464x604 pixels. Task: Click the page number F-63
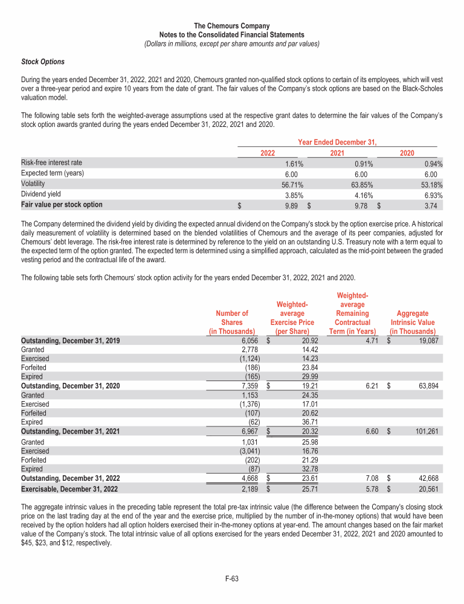click(x=232, y=579)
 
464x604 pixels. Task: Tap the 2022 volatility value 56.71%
click(x=294, y=184)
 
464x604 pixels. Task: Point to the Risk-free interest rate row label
click(x=51, y=163)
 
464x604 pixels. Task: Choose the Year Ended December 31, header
click(x=338, y=143)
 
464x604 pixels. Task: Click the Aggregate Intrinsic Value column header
click(x=413, y=322)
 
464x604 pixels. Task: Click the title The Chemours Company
click(x=232, y=26)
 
